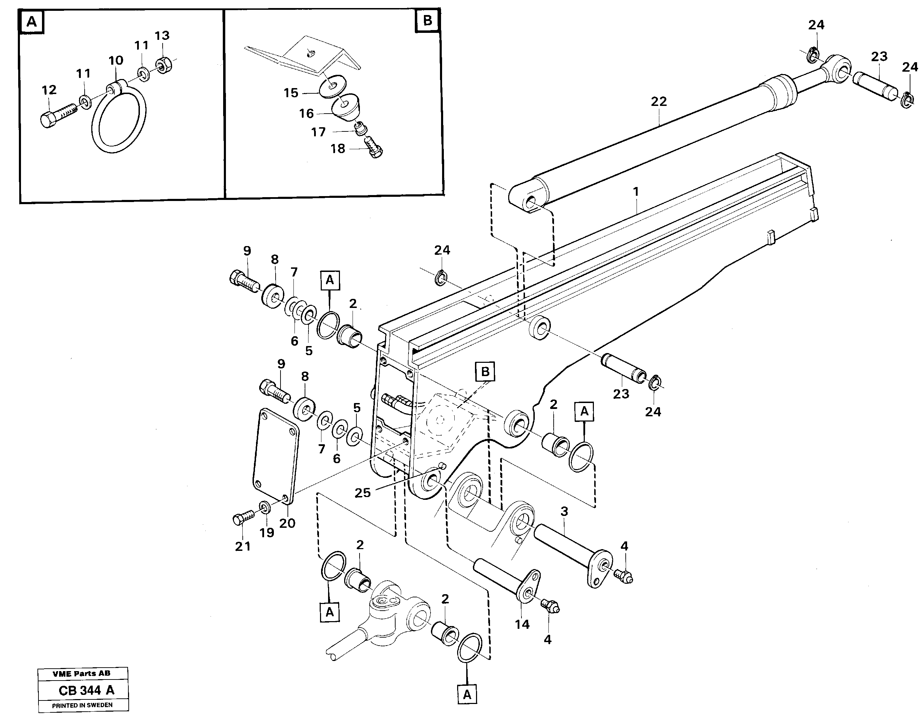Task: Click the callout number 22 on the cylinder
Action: pyautogui.click(x=659, y=102)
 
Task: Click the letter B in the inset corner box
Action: pyautogui.click(x=427, y=20)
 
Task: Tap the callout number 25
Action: pyautogui.click(x=362, y=492)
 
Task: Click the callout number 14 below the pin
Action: pyautogui.click(x=522, y=624)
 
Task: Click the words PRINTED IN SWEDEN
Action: pyautogui.click(x=83, y=705)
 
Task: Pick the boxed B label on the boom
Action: pyautogui.click(x=485, y=372)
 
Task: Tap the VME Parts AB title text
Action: pyautogui.click(x=81, y=674)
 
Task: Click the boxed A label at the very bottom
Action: pyautogui.click(x=467, y=695)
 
